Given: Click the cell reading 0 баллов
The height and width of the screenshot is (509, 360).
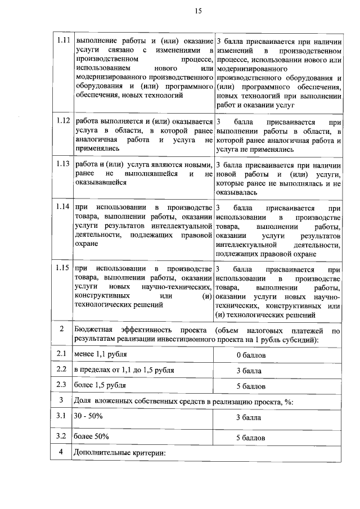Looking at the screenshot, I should pos(250,355).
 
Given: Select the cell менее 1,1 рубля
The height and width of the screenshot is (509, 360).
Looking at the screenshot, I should pos(100,354).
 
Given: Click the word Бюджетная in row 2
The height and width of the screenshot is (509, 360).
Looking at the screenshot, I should pos(93,329).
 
